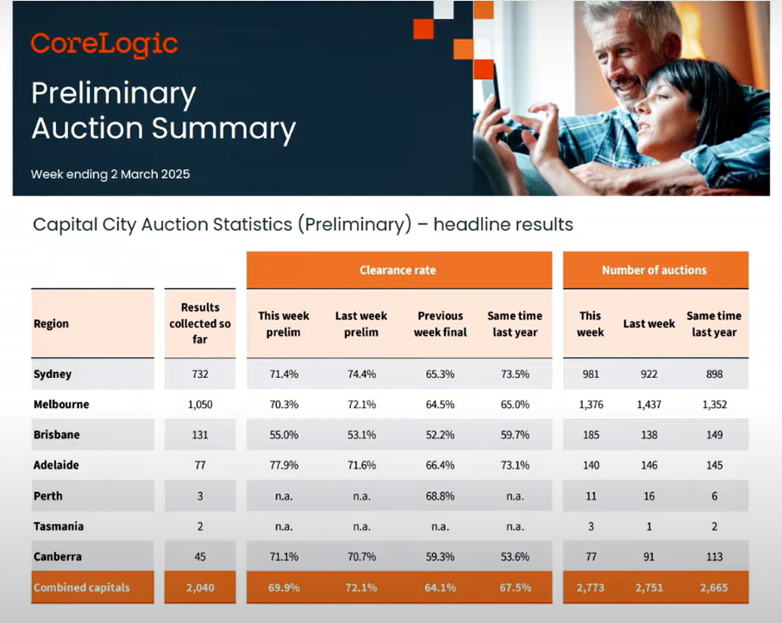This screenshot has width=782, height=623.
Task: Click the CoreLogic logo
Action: pos(104,44)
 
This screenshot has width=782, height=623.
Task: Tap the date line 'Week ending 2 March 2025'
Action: pos(110,174)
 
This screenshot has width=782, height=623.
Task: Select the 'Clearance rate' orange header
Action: pos(398,270)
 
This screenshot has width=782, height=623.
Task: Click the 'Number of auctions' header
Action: pos(655,270)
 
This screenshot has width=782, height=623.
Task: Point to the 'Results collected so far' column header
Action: pos(200,323)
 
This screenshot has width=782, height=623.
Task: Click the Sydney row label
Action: pos(52,374)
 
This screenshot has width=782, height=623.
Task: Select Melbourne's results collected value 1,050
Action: pos(200,404)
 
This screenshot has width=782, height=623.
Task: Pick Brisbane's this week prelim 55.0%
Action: pos(284,435)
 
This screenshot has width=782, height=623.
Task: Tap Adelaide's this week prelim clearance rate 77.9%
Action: pos(284,466)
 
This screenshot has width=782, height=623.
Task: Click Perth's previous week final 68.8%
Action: pos(440,496)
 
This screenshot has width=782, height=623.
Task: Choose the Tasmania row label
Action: pos(58,526)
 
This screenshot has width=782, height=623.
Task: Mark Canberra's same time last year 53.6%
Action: pos(515,556)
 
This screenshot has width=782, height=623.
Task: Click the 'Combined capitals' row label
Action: pos(82,587)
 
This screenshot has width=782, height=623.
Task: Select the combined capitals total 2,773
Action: pos(591,587)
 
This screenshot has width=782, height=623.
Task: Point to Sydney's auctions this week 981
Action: pos(591,374)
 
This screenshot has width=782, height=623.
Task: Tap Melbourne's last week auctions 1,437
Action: pos(649,404)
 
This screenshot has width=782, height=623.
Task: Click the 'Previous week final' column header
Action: pos(440,324)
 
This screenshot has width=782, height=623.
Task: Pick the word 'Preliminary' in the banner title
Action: pos(114,95)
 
